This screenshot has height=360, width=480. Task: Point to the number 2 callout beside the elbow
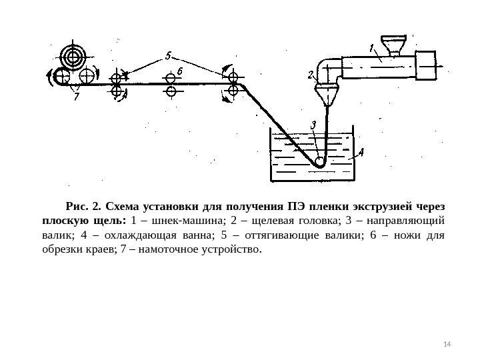click(x=311, y=75)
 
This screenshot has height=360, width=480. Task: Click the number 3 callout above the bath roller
click(x=313, y=125)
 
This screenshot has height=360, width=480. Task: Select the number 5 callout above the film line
click(x=169, y=55)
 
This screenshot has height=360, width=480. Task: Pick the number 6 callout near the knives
click(x=180, y=70)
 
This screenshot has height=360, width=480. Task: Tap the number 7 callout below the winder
click(x=76, y=96)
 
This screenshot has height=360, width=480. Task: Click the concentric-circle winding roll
click(x=70, y=55)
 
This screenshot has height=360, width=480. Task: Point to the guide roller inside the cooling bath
click(x=319, y=161)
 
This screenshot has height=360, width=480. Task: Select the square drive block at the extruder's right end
click(x=425, y=63)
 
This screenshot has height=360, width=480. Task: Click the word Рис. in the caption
click(x=77, y=205)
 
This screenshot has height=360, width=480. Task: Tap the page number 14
click(x=447, y=343)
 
